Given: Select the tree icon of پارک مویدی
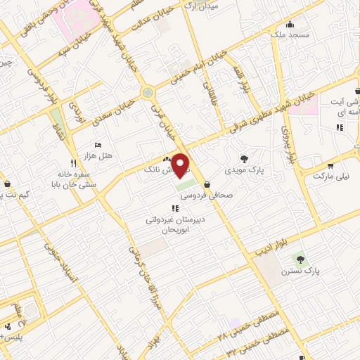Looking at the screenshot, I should (x=244, y=159).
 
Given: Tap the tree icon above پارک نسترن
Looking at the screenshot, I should (x=301, y=259).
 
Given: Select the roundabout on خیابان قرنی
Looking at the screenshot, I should (x=147, y=93).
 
